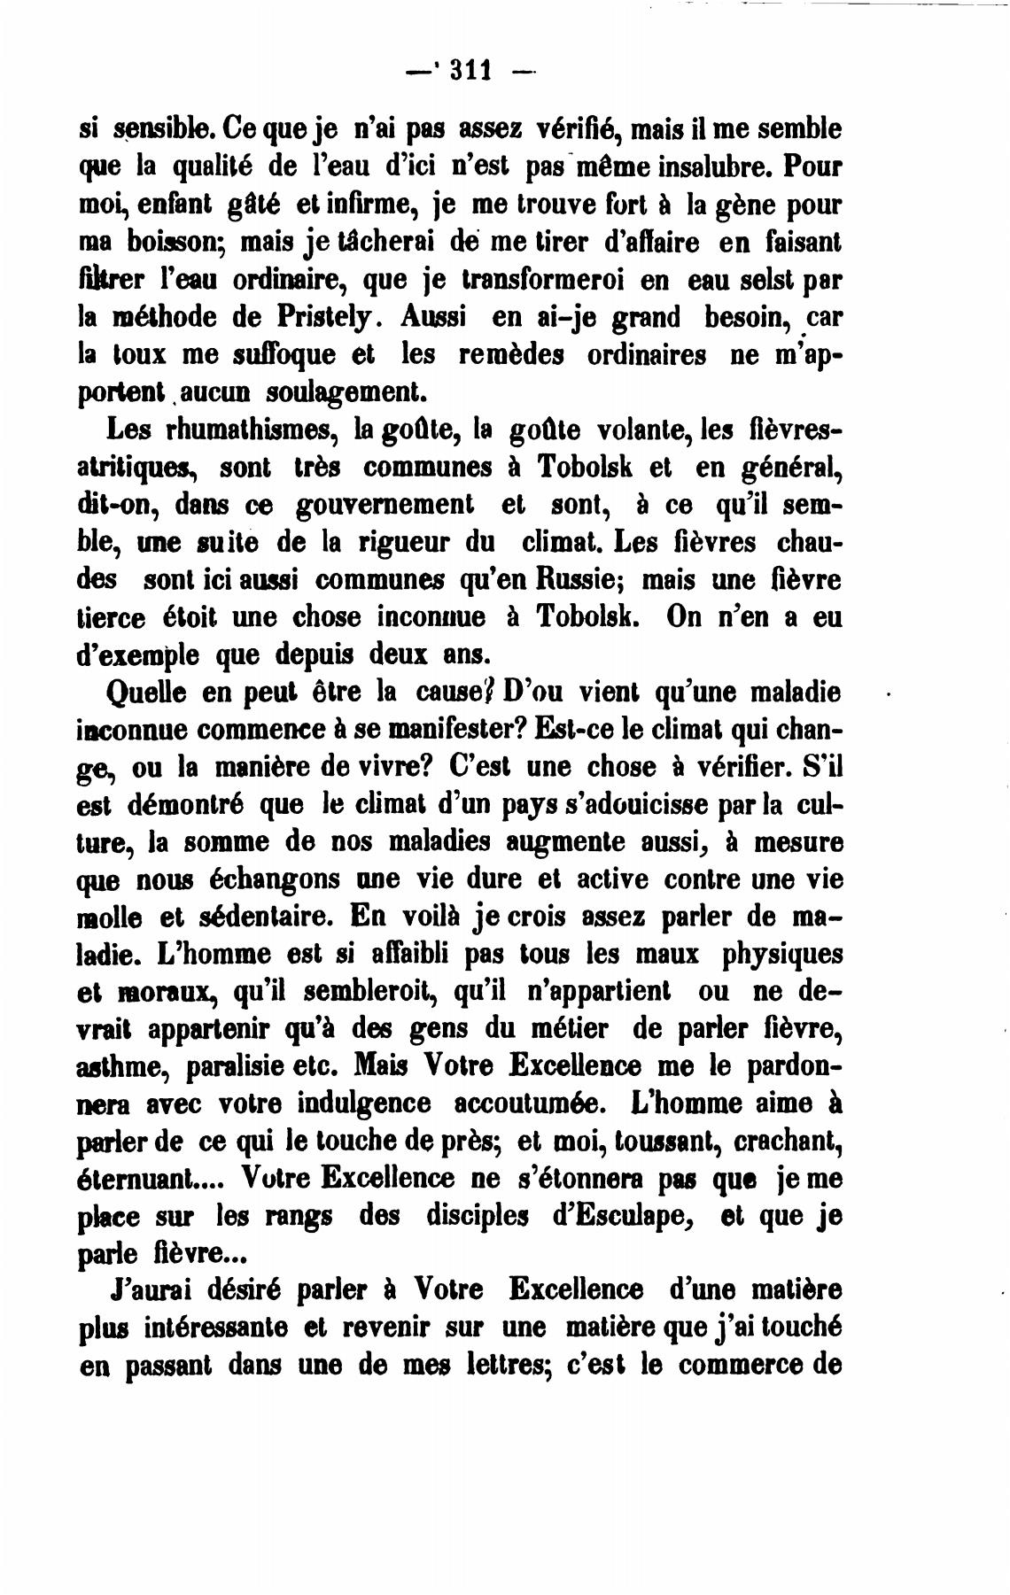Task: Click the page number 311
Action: [x=471, y=69]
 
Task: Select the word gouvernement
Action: [x=384, y=504]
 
